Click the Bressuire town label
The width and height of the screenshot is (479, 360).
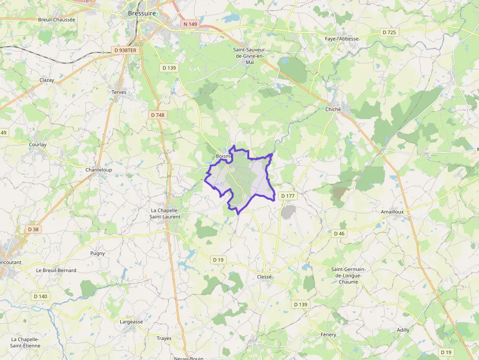[x=142, y=14]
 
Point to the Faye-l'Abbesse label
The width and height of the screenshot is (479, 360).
[x=342, y=39]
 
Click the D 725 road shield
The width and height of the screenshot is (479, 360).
[x=389, y=32]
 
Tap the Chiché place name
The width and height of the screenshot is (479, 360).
[x=333, y=109]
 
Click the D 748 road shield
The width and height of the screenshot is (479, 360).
[x=157, y=115]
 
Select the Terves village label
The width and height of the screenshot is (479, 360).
[x=119, y=92]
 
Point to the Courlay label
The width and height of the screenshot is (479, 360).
[x=38, y=145]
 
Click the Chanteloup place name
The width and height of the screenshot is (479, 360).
[x=99, y=170]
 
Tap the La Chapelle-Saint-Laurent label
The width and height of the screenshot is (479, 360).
[x=165, y=213]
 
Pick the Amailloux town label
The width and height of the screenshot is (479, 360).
[x=392, y=212]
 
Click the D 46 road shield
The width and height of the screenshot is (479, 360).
[x=339, y=233]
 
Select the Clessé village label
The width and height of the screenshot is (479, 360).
[x=264, y=276]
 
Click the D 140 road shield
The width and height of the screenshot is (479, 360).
[x=41, y=296]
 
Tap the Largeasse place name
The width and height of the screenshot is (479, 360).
[x=131, y=322]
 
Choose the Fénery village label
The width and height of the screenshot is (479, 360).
[x=328, y=335]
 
